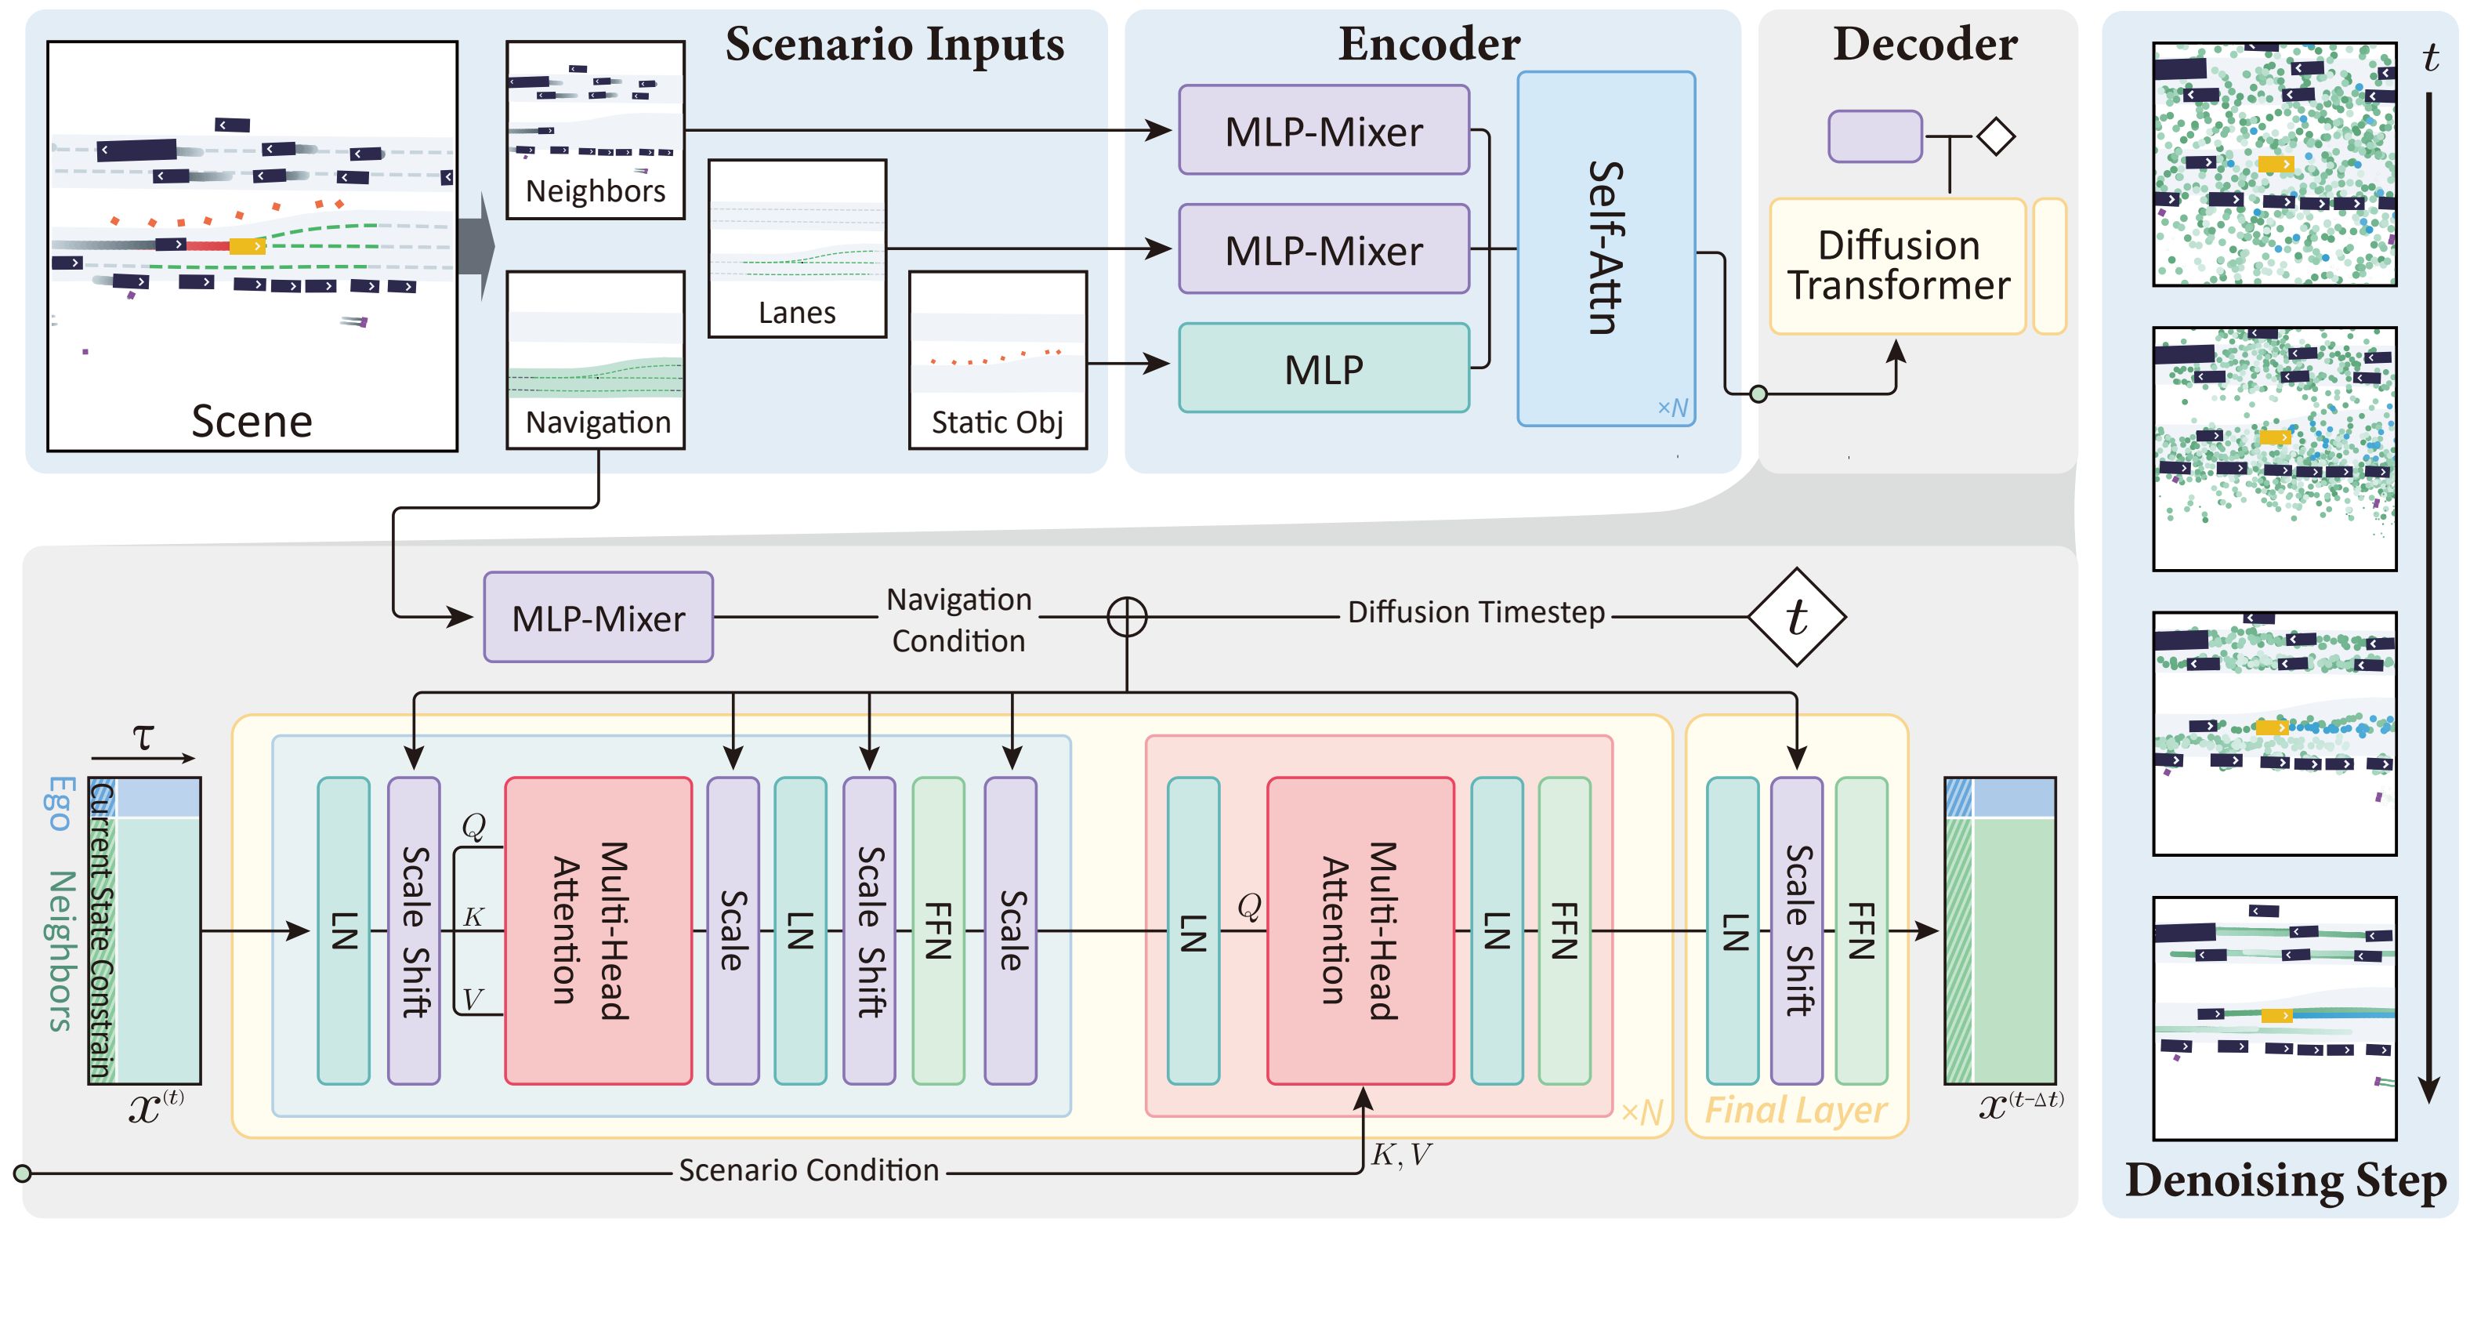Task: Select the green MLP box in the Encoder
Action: point(1324,368)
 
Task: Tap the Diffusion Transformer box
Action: point(1898,266)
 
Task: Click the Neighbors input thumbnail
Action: point(596,129)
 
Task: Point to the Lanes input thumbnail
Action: point(797,248)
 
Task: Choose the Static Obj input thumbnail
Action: point(998,360)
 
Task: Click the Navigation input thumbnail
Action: point(596,360)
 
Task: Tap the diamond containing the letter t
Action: point(1797,617)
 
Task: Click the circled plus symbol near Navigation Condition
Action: point(1127,617)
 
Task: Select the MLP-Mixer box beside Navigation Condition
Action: point(599,618)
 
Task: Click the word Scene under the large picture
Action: point(252,421)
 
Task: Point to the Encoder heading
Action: point(1429,44)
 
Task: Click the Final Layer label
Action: point(1795,1110)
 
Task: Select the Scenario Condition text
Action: point(808,1170)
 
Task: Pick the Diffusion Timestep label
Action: point(1476,612)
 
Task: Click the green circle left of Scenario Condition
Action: point(23,1173)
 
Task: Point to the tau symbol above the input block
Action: point(143,737)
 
